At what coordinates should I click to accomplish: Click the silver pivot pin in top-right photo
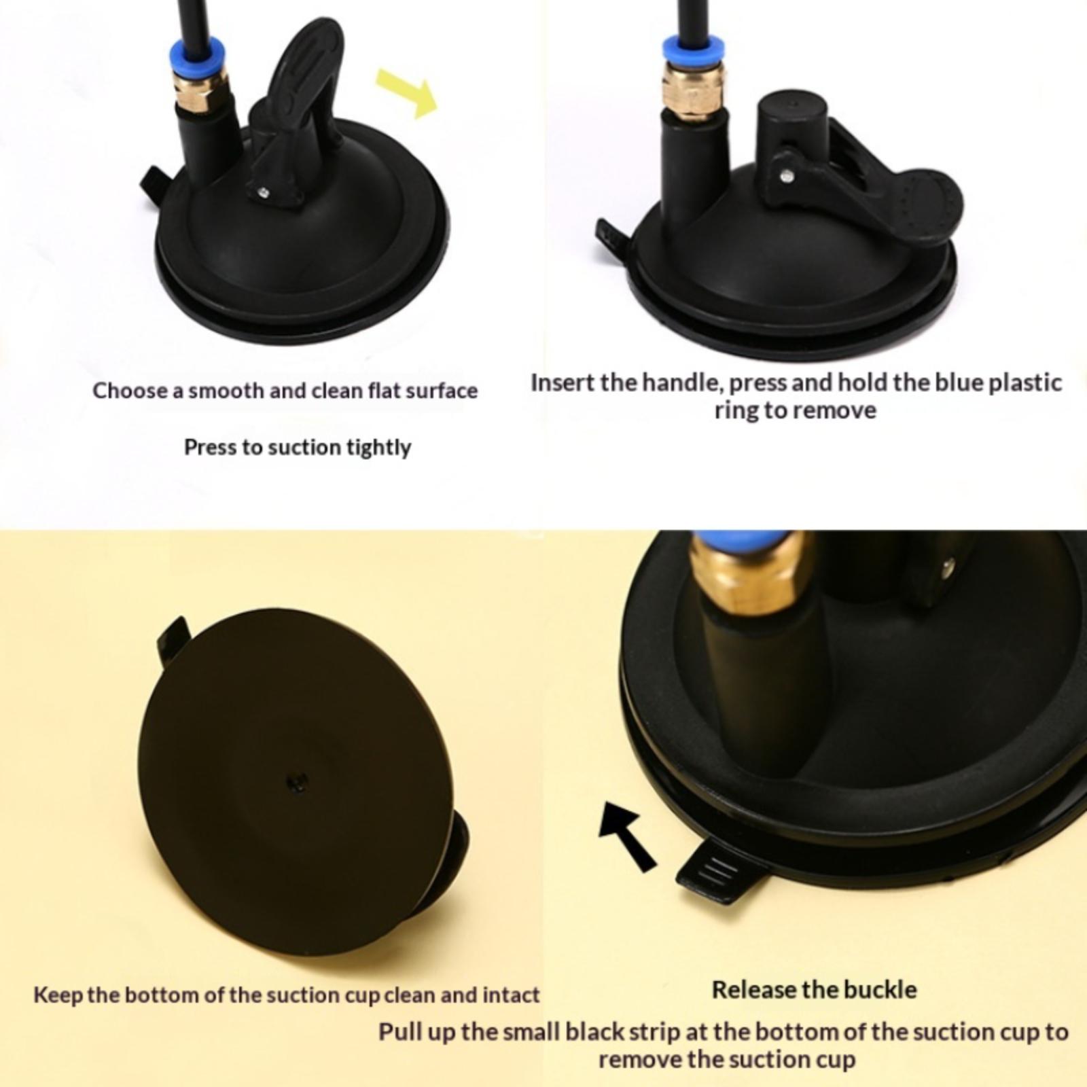pos(786,175)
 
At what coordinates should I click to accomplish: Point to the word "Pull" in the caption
pos(398,1031)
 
